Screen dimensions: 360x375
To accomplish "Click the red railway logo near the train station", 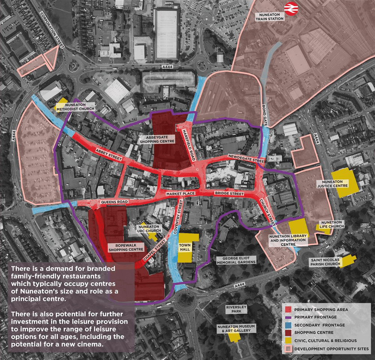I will click(291, 9).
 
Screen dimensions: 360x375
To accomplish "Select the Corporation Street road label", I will click(52, 29).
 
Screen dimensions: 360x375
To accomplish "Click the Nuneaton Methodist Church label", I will click(75, 106).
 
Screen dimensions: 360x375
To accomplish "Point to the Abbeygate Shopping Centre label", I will click(157, 139).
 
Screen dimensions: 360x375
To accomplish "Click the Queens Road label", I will click(114, 202).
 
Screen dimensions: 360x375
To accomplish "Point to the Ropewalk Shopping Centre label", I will click(126, 247).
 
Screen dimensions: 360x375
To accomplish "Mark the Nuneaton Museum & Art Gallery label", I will click(236, 328).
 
